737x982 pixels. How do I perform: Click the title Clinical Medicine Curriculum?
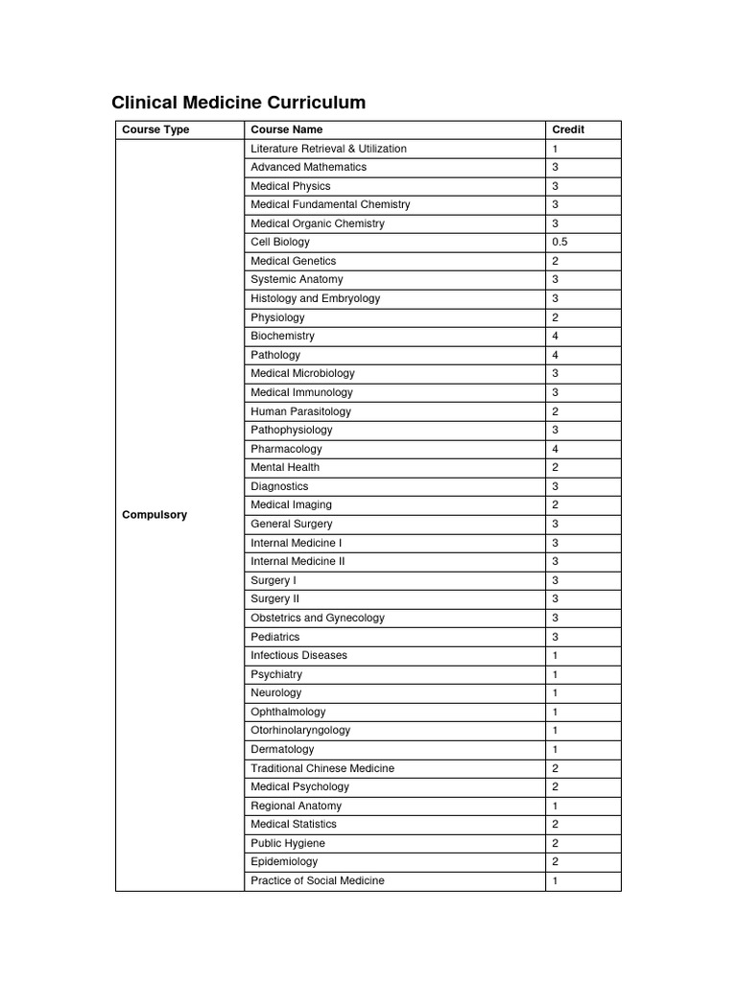[238, 103]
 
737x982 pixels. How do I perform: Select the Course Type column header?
[155, 129]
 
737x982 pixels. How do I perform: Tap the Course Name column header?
[286, 129]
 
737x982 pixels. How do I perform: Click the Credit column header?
[568, 129]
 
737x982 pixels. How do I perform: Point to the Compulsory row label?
[155, 515]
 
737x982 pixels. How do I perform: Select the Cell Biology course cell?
[280, 243]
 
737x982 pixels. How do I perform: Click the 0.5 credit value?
[559, 243]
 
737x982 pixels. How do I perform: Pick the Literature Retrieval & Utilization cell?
[328, 149]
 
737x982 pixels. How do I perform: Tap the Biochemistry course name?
[282, 337]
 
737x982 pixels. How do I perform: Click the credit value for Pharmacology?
[555, 449]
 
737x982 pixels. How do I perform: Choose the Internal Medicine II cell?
[297, 562]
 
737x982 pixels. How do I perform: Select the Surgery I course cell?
[273, 580]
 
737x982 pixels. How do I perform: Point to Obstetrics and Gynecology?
[317, 619]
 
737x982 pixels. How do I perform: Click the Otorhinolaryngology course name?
[300, 731]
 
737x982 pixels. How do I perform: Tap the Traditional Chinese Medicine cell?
[322, 768]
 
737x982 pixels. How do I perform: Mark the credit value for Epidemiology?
[555, 862]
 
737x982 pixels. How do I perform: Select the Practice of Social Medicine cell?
[317, 880]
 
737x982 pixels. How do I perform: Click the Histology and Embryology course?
[315, 298]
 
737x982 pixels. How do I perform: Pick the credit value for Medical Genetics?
[555, 261]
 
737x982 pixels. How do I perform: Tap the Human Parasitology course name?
[300, 411]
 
